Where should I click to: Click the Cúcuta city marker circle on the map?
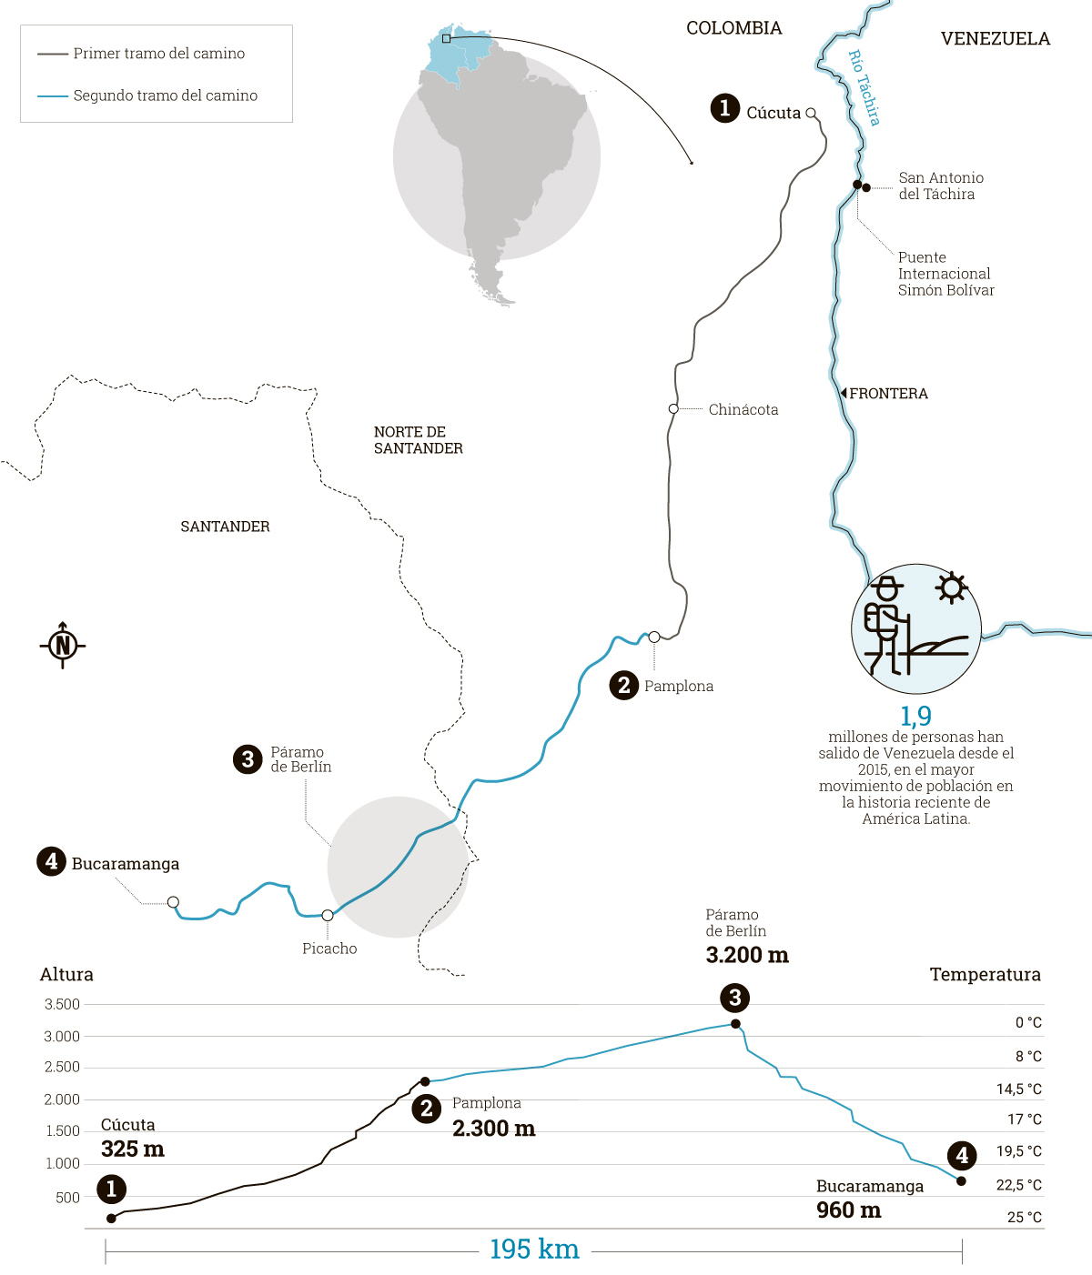(x=811, y=114)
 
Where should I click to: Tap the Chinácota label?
(x=743, y=409)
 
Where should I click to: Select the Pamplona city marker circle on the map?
(x=653, y=637)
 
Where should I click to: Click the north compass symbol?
(x=63, y=646)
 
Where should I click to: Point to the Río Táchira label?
(x=864, y=87)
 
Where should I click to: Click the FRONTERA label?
(x=887, y=394)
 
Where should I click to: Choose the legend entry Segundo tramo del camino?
(x=165, y=95)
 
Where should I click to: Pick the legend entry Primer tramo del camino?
(x=158, y=54)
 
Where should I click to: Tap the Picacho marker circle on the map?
(x=328, y=915)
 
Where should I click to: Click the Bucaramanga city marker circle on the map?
(x=173, y=902)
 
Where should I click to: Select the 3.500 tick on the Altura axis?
(x=62, y=1004)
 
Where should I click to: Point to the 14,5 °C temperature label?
(x=1018, y=1089)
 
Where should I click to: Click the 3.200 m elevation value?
(x=747, y=955)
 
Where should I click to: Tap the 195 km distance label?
(x=534, y=1250)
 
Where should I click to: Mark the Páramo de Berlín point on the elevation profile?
(x=735, y=1024)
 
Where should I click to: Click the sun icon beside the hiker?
(x=952, y=587)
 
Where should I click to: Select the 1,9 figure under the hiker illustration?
(x=915, y=716)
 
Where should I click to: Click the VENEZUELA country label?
(x=995, y=39)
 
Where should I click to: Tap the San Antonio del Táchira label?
(x=941, y=186)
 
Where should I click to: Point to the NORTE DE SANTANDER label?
(x=418, y=440)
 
